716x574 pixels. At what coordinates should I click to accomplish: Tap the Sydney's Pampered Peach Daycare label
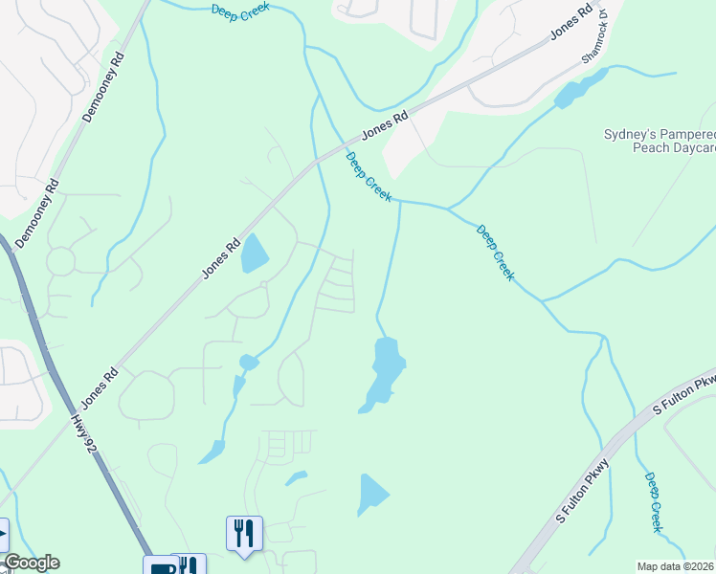(660, 142)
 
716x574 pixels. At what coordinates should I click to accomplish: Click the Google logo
(31, 563)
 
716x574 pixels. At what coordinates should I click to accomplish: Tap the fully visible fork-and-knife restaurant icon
(244, 533)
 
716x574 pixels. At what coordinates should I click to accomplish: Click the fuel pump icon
(160, 566)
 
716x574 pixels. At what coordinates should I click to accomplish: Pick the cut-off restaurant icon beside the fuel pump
(190, 566)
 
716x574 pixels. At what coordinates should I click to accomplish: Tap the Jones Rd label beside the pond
(219, 259)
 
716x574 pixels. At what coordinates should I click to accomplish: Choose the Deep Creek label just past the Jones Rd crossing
(369, 177)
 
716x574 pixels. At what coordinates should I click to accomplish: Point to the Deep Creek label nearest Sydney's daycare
(496, 253)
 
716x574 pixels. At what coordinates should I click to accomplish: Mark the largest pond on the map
(384, 373)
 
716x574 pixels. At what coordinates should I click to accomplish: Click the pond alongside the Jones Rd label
(254, 254)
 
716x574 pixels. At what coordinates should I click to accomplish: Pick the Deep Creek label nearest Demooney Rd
(240, 9)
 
